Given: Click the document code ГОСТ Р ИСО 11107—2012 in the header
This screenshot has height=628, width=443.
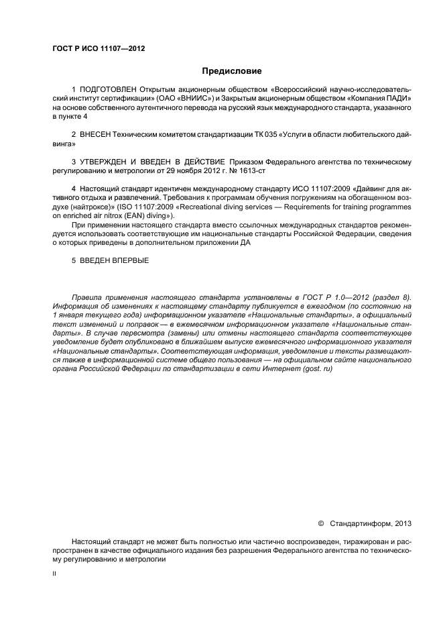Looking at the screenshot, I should [98, 49].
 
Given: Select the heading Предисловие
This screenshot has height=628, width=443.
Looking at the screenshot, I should [233, 70].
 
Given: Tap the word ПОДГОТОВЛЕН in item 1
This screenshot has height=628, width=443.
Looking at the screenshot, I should [108, 89].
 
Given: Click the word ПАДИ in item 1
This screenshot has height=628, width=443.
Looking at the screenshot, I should [397, 98].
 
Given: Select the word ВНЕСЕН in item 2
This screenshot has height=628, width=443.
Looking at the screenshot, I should [99, 135].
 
